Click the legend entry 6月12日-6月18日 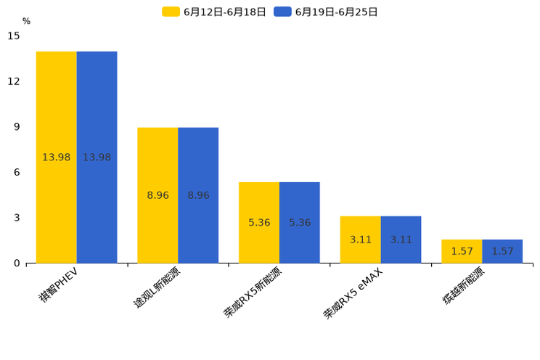pyautogui.click(x=214, y=12)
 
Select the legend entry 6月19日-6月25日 pyautogui.click(x=326, y=12)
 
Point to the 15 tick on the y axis pyautogui.click(x=14, y=36)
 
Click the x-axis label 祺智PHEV pyautogui.click(x=59, y=285)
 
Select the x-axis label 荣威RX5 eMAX pyautogui.click(x=353, y=293)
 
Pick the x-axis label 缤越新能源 pyautogui.click(x=464, y=286)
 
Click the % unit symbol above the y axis pyautogui.click(x=26, y=21)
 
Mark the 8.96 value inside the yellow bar pyautogui.click(x=157, y=195)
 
